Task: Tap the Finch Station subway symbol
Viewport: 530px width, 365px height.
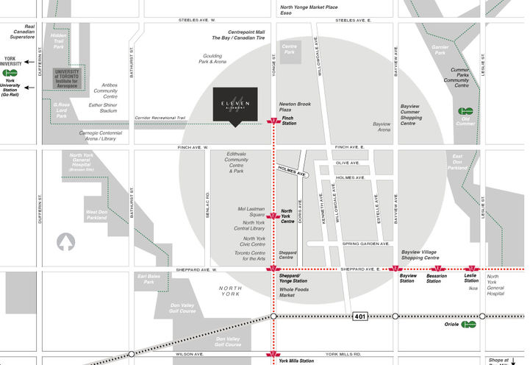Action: coord(274,119)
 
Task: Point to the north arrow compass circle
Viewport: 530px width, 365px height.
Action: coord(65,242)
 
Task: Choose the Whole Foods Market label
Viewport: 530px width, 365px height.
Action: coord(293,293)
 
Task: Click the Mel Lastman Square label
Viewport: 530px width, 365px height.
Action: coord(251,211)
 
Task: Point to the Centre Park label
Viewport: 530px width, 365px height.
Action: coord(290,49)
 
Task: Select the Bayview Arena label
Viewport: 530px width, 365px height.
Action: coord(382,127)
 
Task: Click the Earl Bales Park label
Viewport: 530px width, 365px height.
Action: coord(146,279)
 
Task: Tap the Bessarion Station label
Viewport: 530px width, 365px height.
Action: coord(434,278)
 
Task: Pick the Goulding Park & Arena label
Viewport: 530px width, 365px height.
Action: coord(214,58)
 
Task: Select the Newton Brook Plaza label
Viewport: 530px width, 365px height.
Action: coord(295,107)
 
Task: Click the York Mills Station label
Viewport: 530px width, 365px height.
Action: coord(296,361)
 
